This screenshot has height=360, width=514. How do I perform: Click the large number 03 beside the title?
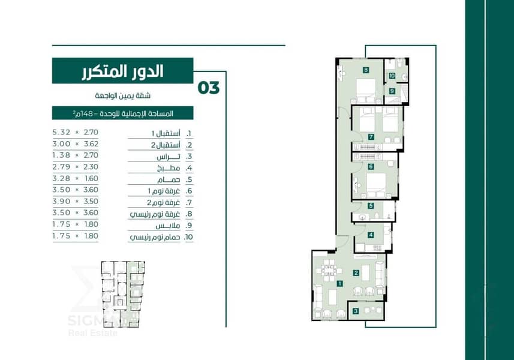click(209, 88)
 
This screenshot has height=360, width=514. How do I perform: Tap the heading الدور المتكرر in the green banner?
click(122, 71)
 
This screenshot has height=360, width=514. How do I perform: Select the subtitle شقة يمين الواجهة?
click(123, 96)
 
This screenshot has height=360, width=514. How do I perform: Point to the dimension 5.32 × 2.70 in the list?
click(76, 132)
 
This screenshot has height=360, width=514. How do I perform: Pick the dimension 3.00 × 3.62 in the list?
click(76, 143)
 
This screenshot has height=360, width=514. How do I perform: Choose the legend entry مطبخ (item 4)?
click(169, 169)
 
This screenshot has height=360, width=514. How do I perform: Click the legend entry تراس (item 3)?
click(169, 157)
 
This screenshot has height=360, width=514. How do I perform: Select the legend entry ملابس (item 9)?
click(168, 226)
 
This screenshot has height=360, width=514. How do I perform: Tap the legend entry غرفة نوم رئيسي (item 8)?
click(155, 214)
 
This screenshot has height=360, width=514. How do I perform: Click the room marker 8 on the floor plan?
click(366, 70)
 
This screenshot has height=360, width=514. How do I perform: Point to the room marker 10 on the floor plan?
click(392, 76)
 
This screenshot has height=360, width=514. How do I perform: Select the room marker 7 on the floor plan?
click(371, 137)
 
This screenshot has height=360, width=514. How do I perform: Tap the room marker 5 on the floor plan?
click(371, 206)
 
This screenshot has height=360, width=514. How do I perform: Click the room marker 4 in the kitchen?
click(371, 235)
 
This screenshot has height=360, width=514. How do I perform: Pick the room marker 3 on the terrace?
click(356, 311)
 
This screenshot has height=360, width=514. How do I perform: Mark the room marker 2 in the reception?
click(356, 273)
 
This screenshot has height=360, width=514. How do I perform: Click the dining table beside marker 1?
click(329, 270)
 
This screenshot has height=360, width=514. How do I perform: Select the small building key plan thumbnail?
click(123, 294)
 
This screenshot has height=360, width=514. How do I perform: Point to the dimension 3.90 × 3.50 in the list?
click(76, 202)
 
